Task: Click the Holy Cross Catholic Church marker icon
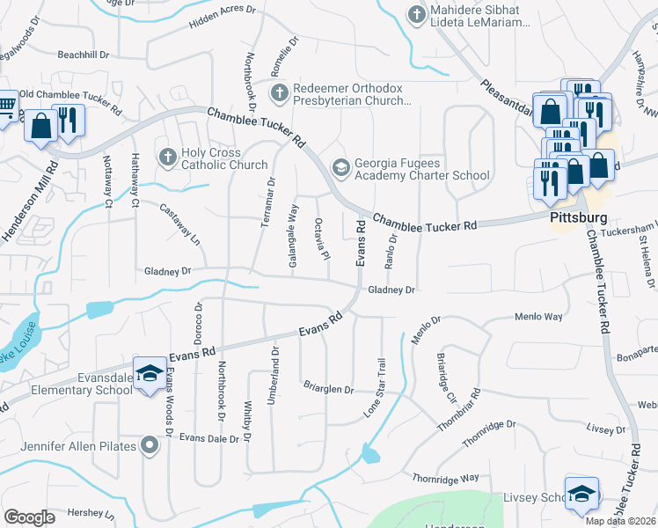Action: click(x=168, y=157)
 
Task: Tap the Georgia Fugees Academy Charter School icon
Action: click(x=340, y=166)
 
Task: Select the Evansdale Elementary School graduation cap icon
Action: click(x=150, y=372)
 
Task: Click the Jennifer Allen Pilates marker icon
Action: click(x=150, y=446)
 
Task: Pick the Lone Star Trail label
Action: click(x=376, y=387)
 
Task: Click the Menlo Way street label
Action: click(x=538, y=317)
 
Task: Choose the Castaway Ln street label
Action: click(x=180, y=224)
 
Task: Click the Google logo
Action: click(x=29, y=517)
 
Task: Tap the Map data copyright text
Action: click(x=620, y=521)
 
